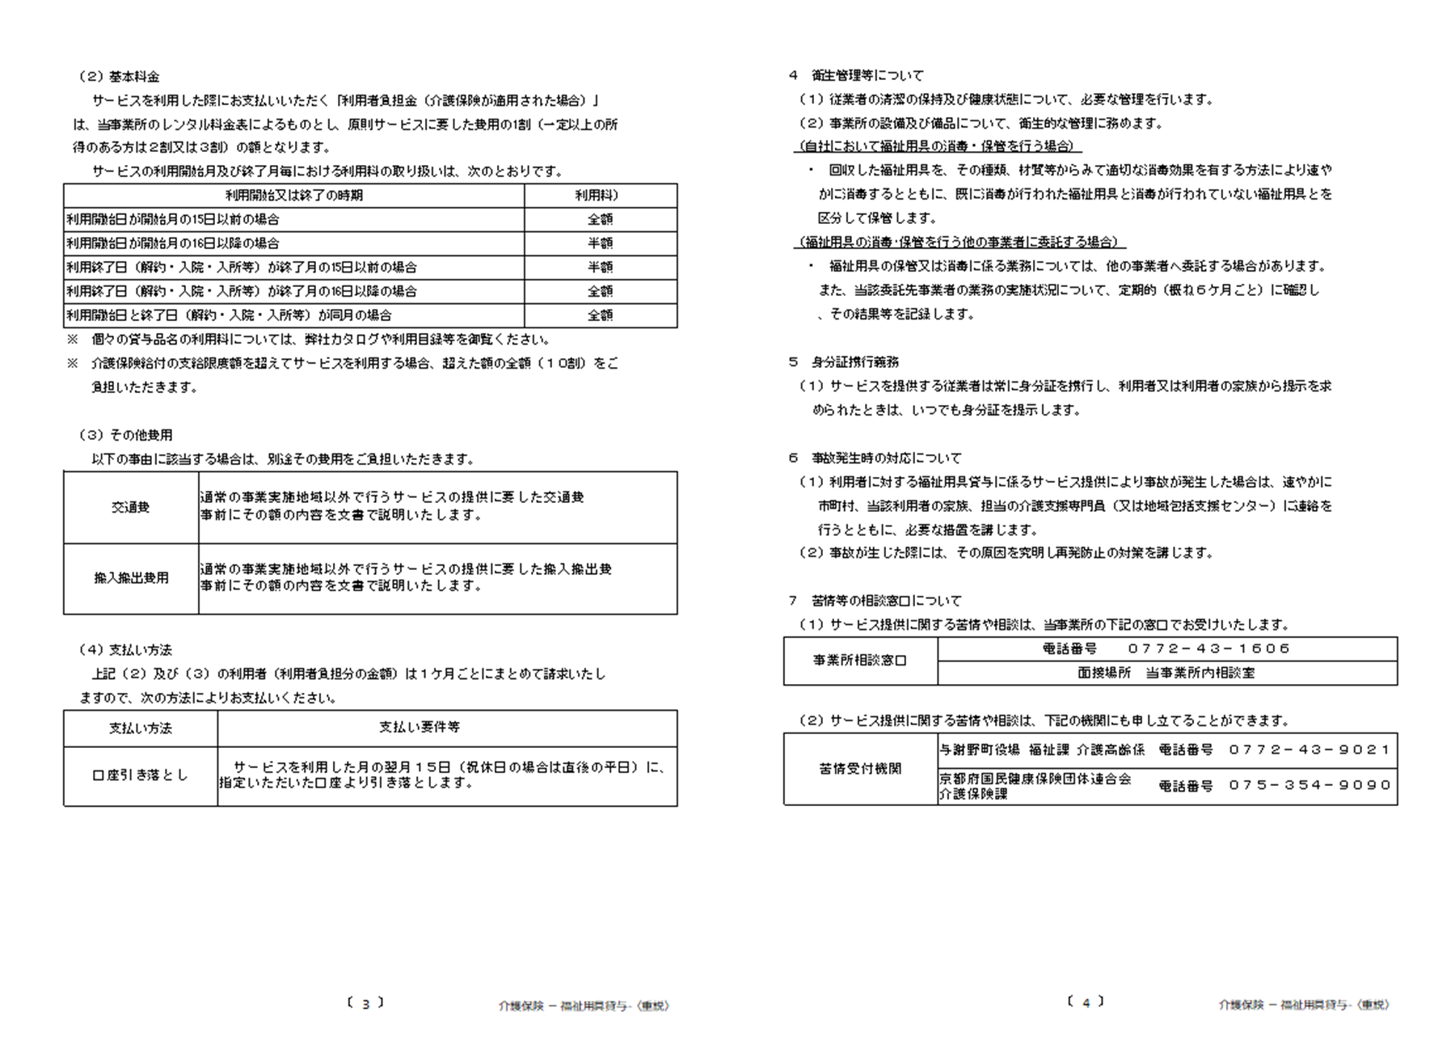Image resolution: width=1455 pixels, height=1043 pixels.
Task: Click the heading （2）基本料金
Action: pos(120,77)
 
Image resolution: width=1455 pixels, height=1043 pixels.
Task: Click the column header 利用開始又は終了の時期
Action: pos(293,196)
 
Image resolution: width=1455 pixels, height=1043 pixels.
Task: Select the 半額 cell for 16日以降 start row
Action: pos(600,243)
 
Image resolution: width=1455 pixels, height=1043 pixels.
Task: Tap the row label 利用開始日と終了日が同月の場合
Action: pos(229,315)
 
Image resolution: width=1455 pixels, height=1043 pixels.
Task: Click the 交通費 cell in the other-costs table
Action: pos(131,508)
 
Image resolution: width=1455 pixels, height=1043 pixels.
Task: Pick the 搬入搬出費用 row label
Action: pos(131,578)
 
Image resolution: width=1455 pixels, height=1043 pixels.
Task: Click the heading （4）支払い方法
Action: pos(125,650)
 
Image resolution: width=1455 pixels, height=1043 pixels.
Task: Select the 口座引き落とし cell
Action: pos(140,775)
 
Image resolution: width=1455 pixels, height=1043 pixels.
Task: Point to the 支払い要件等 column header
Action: pos(420,728)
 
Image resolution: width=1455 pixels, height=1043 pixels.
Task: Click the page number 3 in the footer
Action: pos(365,1004)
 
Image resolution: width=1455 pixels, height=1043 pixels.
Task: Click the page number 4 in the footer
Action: pos(1086,1003)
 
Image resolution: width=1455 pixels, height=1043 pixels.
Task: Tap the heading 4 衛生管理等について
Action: pos(856,76)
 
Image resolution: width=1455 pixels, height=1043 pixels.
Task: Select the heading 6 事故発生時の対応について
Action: pos(875,458)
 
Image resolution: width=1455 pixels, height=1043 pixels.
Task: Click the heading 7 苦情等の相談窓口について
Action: pos(875,602)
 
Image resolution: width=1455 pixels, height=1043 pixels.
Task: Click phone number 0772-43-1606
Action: pos(1208,649)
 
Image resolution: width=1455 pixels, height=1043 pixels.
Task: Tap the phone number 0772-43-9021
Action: pos(1309,750)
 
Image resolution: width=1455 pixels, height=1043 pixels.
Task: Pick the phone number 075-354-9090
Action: pos(1309,785)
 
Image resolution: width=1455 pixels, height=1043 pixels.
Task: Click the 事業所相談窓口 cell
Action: pos(860,661)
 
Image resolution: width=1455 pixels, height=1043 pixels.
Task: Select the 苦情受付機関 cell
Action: pos(860,769)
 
